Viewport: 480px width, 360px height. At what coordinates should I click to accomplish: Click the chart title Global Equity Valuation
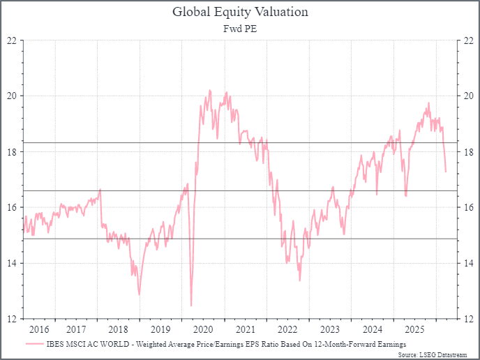pyautogui.click(x=240, y=12)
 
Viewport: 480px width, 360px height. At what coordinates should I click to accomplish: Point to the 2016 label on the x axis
pyautogui.click(x=39, y=329)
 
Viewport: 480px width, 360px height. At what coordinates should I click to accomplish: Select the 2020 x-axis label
pyautogui.click(x=202, y=329)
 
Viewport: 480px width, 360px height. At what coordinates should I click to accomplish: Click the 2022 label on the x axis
pyautogui.click(x=287, y=329)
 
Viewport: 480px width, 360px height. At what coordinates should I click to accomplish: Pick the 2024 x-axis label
pyautogui.click(x=373, y=329)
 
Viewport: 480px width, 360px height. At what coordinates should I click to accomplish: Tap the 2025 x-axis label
pyautogui.click(x=414, y=329)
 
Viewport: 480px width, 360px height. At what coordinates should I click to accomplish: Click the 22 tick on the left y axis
pyautogui.click(x=12, y=40)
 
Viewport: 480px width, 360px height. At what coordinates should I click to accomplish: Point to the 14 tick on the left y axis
pyautogui.click(x=12, y=263)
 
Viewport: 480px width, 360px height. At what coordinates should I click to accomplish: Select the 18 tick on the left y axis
pyautogui.click(x=12, y=151)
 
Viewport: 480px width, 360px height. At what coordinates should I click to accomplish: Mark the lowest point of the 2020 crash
pyautogui.click(x=191, y=306)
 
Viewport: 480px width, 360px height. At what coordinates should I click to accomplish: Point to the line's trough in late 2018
pyautogui.click(x=139, y=294)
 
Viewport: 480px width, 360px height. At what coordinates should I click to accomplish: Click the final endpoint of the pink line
pyautogui.click(x=446, y=171)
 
